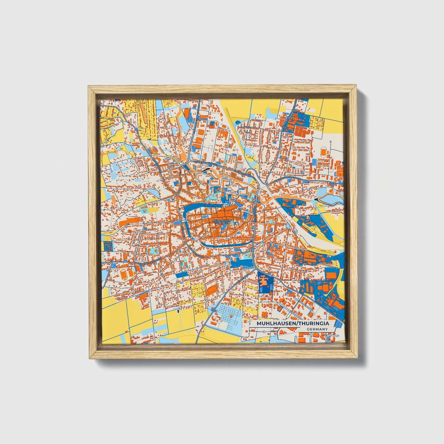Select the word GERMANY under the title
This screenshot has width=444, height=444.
coord(317,329)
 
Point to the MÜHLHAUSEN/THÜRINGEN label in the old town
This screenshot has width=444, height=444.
coord(222,222)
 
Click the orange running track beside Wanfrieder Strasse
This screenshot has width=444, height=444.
coord(123,273)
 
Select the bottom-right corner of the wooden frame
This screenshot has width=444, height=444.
coord(357,358)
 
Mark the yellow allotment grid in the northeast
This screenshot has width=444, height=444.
coord(316,123)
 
